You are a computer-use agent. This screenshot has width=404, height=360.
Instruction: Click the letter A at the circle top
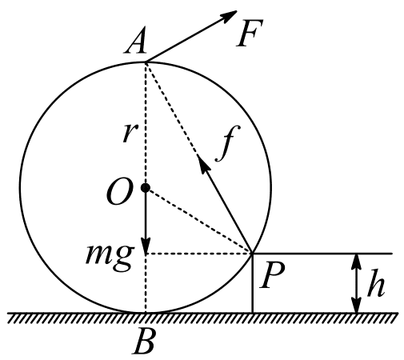pos(136,40)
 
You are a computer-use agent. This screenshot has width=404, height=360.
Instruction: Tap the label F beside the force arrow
pos(250,33)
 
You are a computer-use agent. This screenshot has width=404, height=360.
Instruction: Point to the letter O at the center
pos(119,191)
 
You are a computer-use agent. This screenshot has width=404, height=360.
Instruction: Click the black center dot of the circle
pos(146,188)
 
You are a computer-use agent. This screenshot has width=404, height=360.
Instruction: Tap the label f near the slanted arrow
pos(228,142)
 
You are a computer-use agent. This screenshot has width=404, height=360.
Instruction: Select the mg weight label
pos(110,258)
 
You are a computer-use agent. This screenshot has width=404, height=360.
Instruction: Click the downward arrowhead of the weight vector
pos(146,245)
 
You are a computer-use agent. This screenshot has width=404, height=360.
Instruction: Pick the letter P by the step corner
pos(272,276)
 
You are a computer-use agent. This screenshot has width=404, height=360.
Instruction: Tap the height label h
pos(376,283)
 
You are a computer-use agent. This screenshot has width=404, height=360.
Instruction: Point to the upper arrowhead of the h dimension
pos(356,262)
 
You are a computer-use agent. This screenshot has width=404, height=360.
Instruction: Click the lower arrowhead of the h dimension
pos(356,305)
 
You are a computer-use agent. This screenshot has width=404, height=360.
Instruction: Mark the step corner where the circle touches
pos(252,254)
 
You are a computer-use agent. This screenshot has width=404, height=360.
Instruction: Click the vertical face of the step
pos(252,283)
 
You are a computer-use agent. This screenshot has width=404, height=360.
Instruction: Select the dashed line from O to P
pos(198,221)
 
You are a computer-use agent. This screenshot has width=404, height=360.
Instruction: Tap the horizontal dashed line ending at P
pos(198,254)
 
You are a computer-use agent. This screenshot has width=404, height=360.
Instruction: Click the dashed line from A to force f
pos(172,110)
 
